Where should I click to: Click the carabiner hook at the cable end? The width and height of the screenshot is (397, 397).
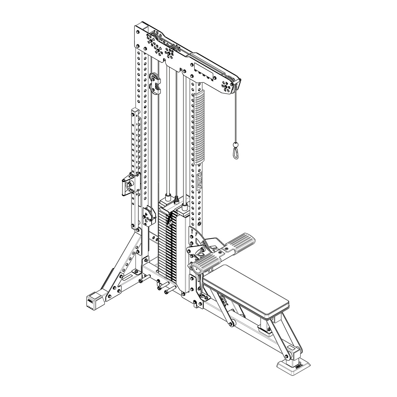(236, 153)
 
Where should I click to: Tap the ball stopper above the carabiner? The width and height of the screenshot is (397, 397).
(235, 145)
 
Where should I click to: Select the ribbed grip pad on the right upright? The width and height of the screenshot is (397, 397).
(199, 128)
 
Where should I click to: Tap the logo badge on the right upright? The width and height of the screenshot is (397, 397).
(199, 182)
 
